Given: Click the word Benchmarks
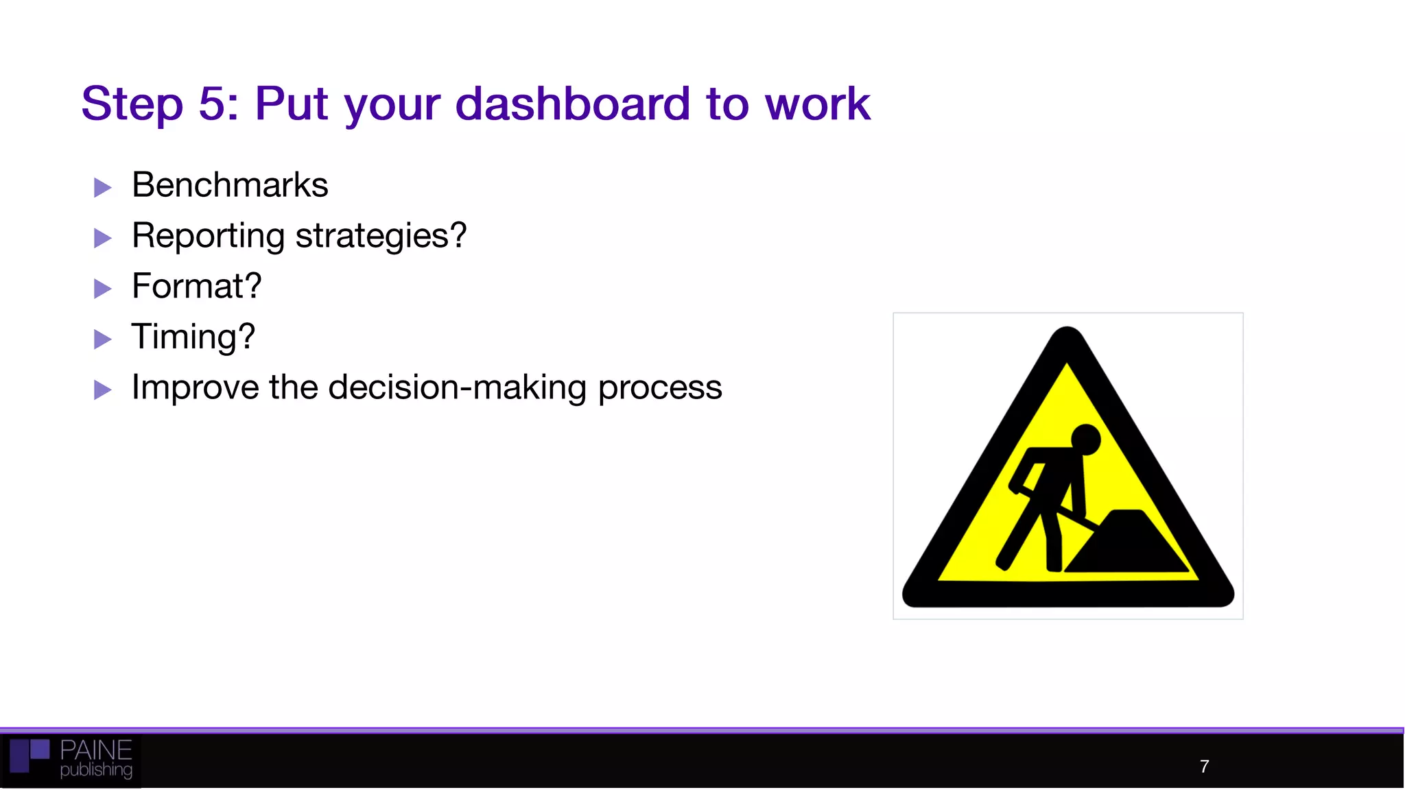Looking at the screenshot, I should pos(230,185).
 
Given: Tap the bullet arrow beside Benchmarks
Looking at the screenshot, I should pos(103,187).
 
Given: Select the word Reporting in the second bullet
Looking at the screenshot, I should pos(208,236).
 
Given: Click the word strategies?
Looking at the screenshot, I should pos(381,236).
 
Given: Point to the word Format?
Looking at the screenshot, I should pos(196,286).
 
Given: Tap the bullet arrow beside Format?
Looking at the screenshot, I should pos(103,289).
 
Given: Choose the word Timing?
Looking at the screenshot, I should pos(193,337).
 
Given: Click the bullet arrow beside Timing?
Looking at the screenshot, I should pos(103,339).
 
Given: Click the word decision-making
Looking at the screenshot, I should pos(458,387).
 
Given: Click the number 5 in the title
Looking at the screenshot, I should pos(212,104).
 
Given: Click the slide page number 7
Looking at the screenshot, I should pos(1204,767).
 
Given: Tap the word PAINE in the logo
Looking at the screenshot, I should pos(96,750).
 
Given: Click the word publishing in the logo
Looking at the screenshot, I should pos(96,770).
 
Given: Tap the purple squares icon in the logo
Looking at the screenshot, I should pos(29,755).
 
